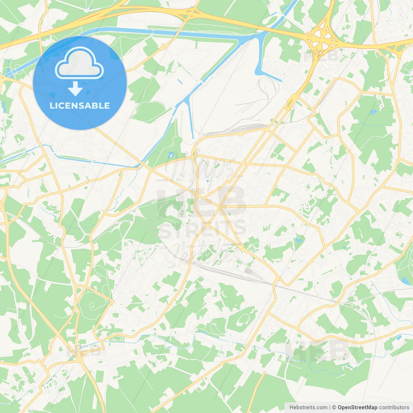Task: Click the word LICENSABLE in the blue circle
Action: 80,106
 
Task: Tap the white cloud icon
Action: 79,63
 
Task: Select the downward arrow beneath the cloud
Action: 75,89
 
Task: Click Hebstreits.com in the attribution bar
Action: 308,408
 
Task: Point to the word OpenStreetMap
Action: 357,408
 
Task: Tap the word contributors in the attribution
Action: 394,408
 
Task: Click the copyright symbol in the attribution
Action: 334,408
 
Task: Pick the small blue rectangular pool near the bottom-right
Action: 399,337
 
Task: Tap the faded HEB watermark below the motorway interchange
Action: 321,56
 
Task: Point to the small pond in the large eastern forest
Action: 373,112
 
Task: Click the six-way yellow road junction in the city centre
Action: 220,207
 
